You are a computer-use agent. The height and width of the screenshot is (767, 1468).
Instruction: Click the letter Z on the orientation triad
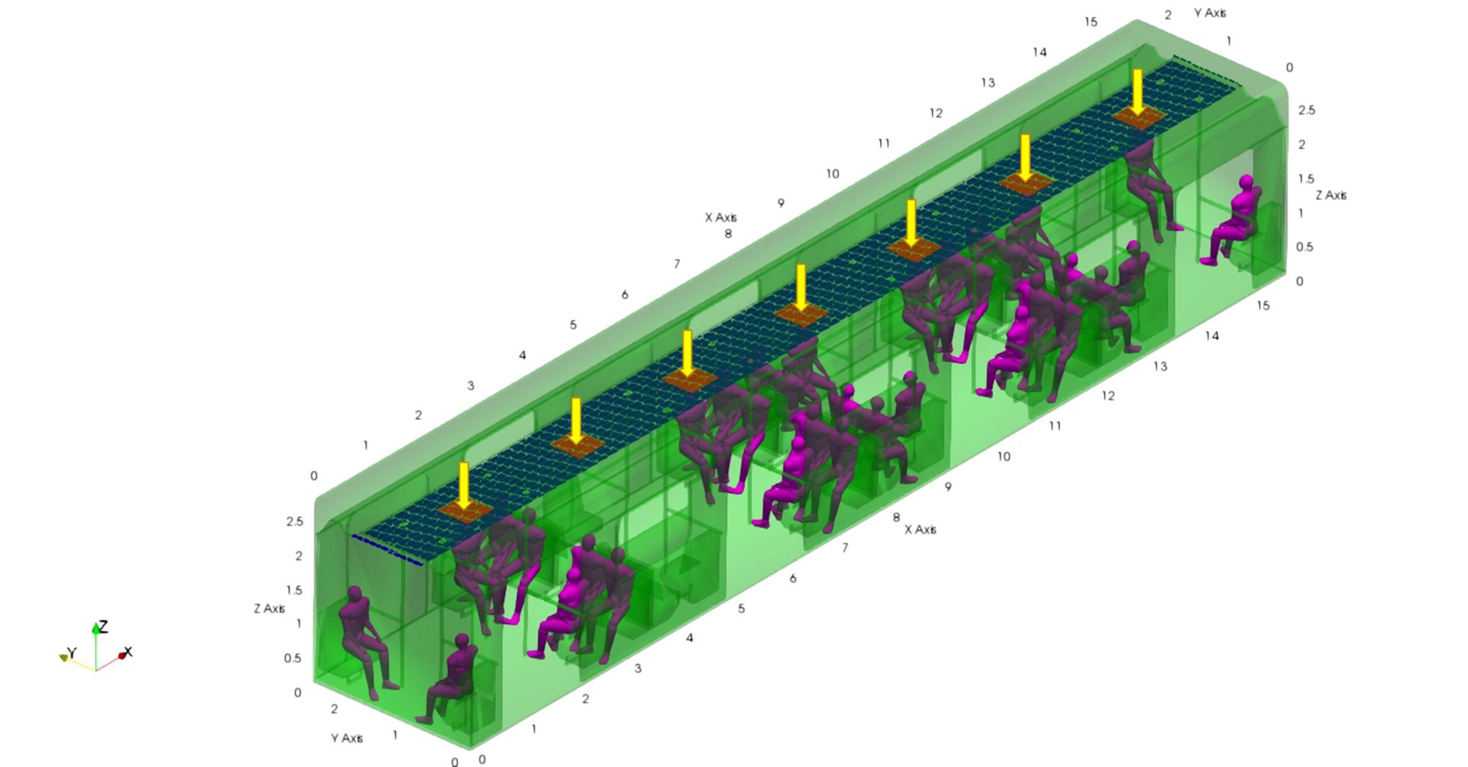tap(103, 626)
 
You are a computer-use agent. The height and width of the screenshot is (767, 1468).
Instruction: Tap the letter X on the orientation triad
tap(128, 652)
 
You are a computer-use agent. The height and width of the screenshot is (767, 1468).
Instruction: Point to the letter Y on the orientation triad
tap(72, 652)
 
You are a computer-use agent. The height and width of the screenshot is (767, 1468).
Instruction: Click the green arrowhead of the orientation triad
tap(96, 628)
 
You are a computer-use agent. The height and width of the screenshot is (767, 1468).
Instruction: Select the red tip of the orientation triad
tap(121, 655)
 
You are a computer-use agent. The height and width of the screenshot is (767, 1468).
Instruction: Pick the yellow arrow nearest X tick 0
tap(464, 485)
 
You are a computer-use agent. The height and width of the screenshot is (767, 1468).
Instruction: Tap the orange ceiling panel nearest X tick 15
tap(1139, 117)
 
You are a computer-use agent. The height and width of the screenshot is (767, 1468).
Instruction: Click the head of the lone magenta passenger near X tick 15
tap(1246, 182)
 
